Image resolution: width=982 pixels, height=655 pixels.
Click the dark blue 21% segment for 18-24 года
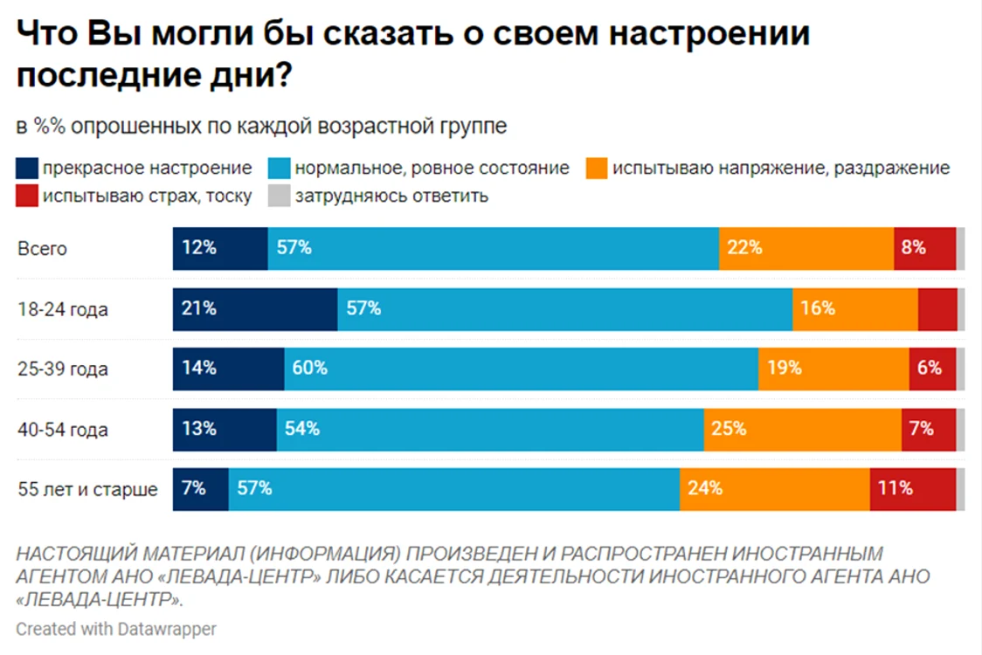pyautogui.click(x=255, y=309)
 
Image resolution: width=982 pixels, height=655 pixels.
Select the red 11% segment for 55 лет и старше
pyautogui.click(x=913, y=489)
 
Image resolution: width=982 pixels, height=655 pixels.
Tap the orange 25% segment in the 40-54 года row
pyautogui.click(x=803, y=430)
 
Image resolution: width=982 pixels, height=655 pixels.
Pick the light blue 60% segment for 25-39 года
pyautogui.click(x=521, y=369)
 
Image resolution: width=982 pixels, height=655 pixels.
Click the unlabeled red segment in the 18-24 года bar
pyautogui.click(x=937, y=309)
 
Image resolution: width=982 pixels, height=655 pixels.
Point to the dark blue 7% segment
pyautogui.click(x=200, y=489)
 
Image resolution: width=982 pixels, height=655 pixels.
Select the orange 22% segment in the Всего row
pyautogui.click(x=806, y=249)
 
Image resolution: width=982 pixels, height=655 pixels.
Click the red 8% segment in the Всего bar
pyautogui.click(x=925, y=249)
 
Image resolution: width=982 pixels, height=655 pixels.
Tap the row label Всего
pyautogui.click(x=42, y=249)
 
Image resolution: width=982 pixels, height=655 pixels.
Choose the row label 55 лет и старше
pyautogui.click(x=87, y=489)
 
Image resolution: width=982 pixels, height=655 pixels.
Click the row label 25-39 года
pyautogui.click(x=63, y=369)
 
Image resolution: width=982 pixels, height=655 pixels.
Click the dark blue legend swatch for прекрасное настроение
pyautogui.click(x=27, y=168)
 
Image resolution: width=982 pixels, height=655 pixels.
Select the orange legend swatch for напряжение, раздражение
pyautogui.click(x=597, y=168)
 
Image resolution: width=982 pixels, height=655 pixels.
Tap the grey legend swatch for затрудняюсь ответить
pyautogui.click(x=279, y=196)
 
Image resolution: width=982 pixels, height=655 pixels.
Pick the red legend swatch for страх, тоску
pyautogui.click(x=27, y=196)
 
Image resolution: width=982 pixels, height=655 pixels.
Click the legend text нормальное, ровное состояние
pyautogui.click(x=432, y=168)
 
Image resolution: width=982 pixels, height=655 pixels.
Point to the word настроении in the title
pyautogui.click(x=709, y=33)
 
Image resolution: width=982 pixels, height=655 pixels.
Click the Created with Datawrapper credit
pyautogui.click(x=116, y=629)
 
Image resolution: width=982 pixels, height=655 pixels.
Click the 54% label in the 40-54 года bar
pyautogui.click(x=302, y=429)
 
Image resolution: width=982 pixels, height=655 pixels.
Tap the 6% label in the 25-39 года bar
pyautogui.click(x=930, y=368)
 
